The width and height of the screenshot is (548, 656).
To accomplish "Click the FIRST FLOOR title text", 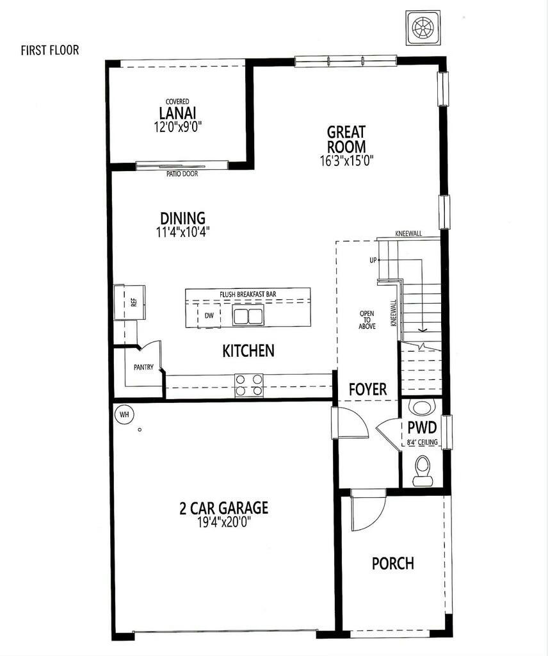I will [50, 50].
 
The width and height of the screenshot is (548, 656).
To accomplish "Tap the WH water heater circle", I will [124, 414].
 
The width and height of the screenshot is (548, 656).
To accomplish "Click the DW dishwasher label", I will [209, 316].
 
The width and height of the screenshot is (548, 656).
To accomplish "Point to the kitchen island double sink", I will [248, 316].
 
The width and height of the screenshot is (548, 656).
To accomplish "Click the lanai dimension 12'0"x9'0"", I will [178, 127].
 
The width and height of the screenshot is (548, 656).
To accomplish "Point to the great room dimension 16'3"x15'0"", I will [346, 160].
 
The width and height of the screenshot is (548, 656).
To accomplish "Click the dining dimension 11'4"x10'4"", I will [182, 232].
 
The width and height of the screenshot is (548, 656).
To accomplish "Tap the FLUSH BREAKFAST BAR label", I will [248, 295].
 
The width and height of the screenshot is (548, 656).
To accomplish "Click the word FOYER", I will [367, 389].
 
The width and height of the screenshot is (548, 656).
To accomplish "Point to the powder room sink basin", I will [422, 407].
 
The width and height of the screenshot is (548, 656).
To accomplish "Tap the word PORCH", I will [393, 564].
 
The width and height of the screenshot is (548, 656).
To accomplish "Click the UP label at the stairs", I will [372, 260].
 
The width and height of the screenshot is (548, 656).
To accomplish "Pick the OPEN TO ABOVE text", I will [367, 320].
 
